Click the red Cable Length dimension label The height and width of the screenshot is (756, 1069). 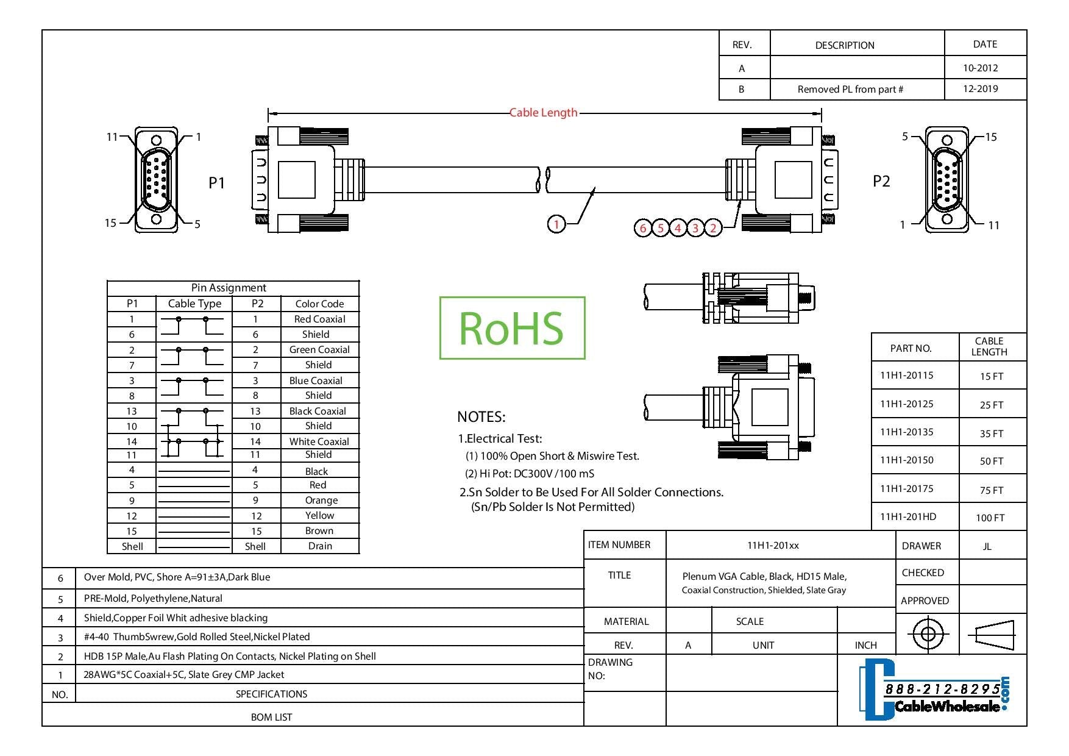(x=543, y=112)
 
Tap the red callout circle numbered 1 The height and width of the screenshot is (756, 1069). (x=556, y=224)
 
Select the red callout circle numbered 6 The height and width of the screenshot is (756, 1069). (x=642, y=228)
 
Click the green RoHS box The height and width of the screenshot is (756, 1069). (x=512, y=328)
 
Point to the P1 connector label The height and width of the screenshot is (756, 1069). (x=217, y=183)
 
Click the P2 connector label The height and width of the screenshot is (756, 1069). (x=881, y=181)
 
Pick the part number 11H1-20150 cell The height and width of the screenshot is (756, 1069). (x=906, y=460)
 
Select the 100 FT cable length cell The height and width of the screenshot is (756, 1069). (x=990, y=518)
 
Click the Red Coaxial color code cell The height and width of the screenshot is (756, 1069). (x=319, y=319)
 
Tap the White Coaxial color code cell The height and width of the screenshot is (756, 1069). (x=319, y=441)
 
